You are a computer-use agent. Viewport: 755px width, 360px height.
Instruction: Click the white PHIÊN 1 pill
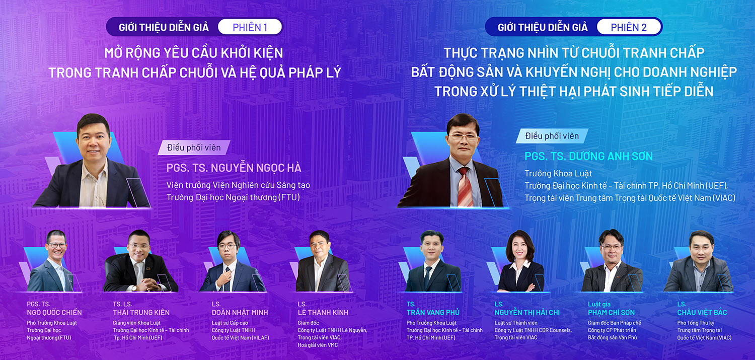click(x=250, y=27)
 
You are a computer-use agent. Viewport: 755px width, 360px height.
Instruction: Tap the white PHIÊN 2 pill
click(x=629, y=27)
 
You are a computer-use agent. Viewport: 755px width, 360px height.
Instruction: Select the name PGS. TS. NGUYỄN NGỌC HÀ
click(x=234, y=168)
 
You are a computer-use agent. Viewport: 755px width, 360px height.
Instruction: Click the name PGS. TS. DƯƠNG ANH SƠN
click(x=588, y=156)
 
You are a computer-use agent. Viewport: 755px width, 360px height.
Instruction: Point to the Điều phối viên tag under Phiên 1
click(x=194, y=148)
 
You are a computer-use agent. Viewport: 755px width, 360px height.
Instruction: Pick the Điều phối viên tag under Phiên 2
click(x=552, y=136)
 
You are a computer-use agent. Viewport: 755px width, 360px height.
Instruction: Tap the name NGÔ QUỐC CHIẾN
click(x=54, y=313)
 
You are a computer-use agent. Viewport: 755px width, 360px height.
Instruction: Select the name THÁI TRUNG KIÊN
click(x=141, y=313)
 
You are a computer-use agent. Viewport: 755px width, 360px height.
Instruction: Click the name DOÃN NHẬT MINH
click(x=240, y=313)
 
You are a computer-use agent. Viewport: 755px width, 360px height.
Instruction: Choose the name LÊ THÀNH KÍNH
click(x=323, y=313)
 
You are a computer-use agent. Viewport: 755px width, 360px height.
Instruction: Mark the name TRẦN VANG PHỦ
click(x=433, y=313)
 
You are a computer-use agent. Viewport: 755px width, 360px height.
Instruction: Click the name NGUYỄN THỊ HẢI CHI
click(x=527, y=313)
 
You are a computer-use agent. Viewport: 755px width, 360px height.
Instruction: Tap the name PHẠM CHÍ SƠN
click(x=611, y=313)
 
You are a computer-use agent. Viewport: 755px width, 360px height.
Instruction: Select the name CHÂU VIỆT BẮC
click(x=702, y=313)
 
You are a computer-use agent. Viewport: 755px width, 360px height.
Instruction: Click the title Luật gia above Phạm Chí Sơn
click(x=599, y=304)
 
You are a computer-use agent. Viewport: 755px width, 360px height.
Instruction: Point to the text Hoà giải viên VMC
click(x=318, y=345)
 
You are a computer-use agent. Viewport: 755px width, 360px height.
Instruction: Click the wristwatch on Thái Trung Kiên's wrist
click(x=134, y=288)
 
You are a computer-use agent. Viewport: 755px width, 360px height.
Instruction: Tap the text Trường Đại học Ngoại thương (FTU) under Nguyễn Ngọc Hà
click(x=233, y=197)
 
